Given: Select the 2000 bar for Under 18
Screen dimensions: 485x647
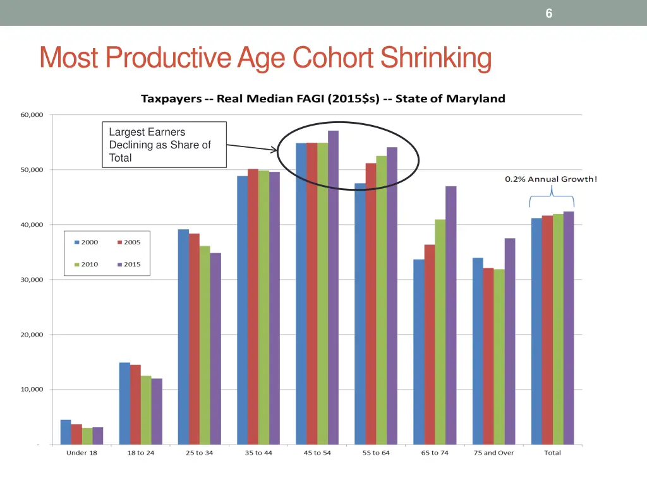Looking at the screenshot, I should pyautogui.click(x=66, y=432).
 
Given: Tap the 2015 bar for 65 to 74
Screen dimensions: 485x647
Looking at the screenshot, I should pyautogui.click(x=450, y=315).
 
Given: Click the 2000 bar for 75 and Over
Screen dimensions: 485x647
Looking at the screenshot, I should pyautogui.click(x=478, y=350).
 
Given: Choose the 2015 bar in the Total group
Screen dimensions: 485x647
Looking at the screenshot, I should pyautogui.click(x=569, y=328).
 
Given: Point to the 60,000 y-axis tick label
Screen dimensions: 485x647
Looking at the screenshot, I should pyautogui.click(x=31, y=115).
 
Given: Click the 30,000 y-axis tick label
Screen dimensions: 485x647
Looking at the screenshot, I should pyautogui.click(x=31, y=280).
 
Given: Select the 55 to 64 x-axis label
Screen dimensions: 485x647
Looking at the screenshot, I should pyautogui.click(x=376, y=453).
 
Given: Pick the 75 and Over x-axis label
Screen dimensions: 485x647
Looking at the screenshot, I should pyautogui.click(x=493, y=453).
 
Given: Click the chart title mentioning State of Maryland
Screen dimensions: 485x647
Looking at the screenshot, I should pyautogui.click(x=322, y=99).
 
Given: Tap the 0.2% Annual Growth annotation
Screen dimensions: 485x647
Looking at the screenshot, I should pyautogui.click(x=550, y=179).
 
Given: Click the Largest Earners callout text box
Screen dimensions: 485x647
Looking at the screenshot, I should pyautogui.click(x=164, y=145).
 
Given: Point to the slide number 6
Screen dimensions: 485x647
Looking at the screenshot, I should pyautogui.click(x=549, y=13).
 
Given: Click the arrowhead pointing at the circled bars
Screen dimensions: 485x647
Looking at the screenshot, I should pyautogui.click(x=274, y=150).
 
